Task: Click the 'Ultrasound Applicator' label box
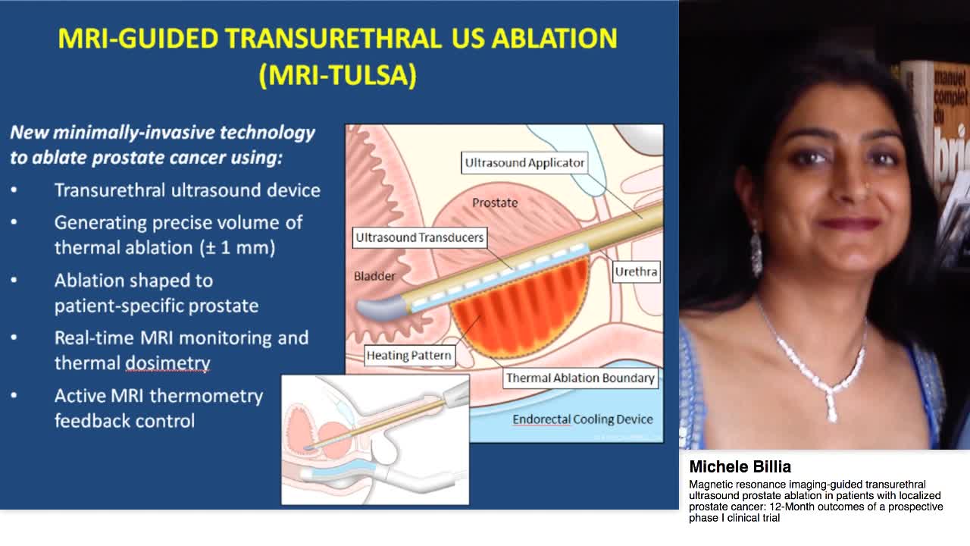coord(524,162)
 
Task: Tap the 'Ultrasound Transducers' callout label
coord(419,237)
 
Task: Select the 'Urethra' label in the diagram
coord(636,271)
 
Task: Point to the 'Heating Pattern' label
coord(409,355)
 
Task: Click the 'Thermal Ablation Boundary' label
coord(580,378)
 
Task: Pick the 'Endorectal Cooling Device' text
coord(582,419)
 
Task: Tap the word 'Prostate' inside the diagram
coord(495,202)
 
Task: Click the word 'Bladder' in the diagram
coord(374,276)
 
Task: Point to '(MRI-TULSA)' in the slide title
coord(338,76)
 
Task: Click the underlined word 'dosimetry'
coord(167,363)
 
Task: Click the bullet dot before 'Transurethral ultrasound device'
coord(14,190)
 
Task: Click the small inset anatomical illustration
coord(375,439)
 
